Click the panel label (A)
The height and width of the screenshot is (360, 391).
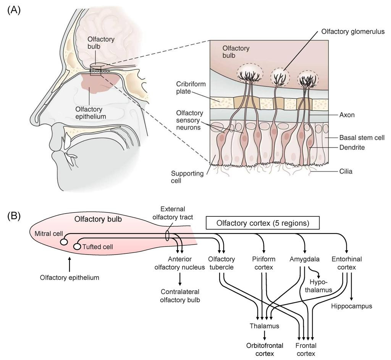pos(14,10)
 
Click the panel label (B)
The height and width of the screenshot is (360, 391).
pos(14,216)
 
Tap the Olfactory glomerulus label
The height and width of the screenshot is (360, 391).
pos(353,32)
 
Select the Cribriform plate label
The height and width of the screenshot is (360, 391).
pos(191,88)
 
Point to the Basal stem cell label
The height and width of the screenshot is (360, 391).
pos(362,138)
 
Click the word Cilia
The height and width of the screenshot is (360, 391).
pos(346,172)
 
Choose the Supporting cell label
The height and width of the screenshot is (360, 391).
pos(187,177)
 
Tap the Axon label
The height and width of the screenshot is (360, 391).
pos(347,115)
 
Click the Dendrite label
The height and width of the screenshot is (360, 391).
pos(352,147)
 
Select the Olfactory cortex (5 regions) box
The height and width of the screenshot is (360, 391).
pos(263,223)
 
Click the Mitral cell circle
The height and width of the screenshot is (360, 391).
pos(64,242)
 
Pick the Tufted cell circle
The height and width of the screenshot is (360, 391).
pos(77,246)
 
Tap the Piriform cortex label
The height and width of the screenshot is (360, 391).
pos(264,263)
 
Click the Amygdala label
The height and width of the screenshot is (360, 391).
pos(304,259)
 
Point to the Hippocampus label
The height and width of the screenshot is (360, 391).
pos(352,306)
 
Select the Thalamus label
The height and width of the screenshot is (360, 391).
pos(265,326)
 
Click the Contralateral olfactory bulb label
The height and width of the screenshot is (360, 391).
pos(180,296)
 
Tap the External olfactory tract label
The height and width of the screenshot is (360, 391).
pos(173,213)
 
